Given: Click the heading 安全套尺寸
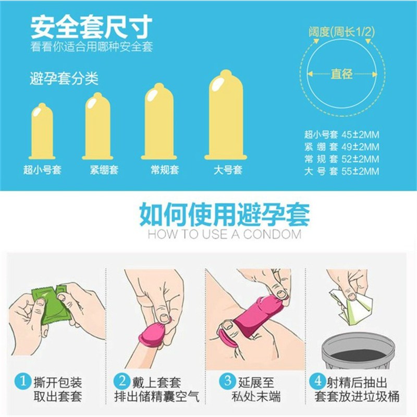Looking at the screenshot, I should click(91, 26).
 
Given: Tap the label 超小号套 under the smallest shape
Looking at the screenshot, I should click(42, 170).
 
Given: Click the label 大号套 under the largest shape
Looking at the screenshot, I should click(228, 170).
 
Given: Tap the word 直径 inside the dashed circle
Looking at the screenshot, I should click(341, 74).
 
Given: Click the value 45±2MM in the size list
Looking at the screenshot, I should click(359, 134).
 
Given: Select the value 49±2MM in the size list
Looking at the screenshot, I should click(359, 146).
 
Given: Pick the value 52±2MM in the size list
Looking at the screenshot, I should click(359, 159).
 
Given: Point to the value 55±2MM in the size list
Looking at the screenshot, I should click(359, 171).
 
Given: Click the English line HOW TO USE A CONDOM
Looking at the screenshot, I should click(224, 234).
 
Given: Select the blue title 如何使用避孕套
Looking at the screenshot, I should click(224, 214).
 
